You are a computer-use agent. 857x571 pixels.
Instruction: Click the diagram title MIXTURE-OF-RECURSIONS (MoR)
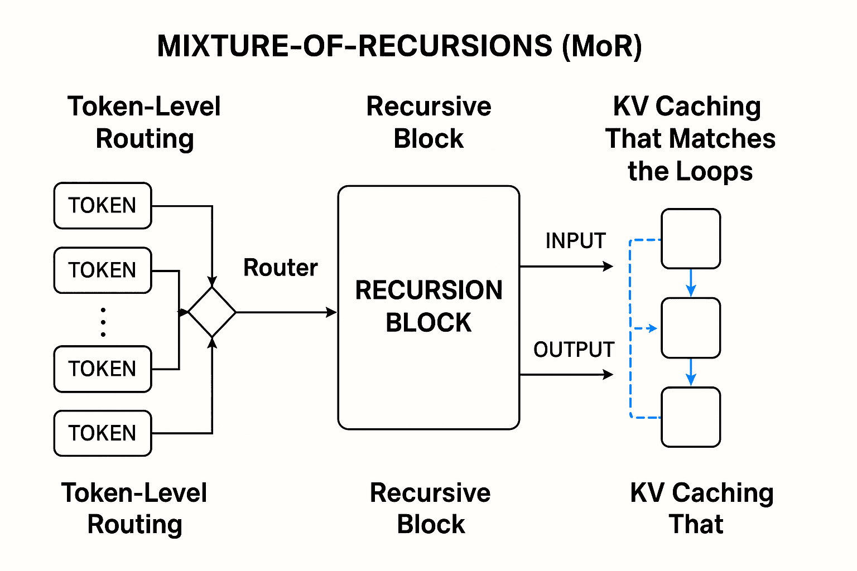tap(399, 46)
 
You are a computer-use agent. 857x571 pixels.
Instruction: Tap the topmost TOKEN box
tap(103, 206)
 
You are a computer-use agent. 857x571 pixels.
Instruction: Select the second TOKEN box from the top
tap(103, 270)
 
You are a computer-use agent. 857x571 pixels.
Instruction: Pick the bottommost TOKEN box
tap(103, 433)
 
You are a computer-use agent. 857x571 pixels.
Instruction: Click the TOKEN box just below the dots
tap(103, 369)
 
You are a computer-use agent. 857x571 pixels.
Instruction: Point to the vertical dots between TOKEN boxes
tap(103, 322)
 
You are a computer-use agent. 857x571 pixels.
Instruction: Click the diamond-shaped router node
tap(212, 312)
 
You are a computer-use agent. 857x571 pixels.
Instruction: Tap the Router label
tap(280, 268)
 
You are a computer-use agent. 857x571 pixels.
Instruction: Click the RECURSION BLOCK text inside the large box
tap(428, 306)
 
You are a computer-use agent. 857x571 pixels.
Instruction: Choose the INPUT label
tap(575, 241)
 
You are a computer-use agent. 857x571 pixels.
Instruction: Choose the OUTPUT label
tap(574, 350)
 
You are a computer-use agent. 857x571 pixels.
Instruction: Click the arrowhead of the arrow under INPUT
tap(608, 267)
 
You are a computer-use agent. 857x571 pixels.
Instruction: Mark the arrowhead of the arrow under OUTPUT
tap(608, 375)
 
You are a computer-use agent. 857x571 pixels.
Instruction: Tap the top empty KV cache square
tap(691, 239)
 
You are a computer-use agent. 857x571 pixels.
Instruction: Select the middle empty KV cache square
tap(691, 328)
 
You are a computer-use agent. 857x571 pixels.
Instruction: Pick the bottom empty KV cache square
tap(691, 417)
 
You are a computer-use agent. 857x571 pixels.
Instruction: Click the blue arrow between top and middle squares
tap(691, 283)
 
